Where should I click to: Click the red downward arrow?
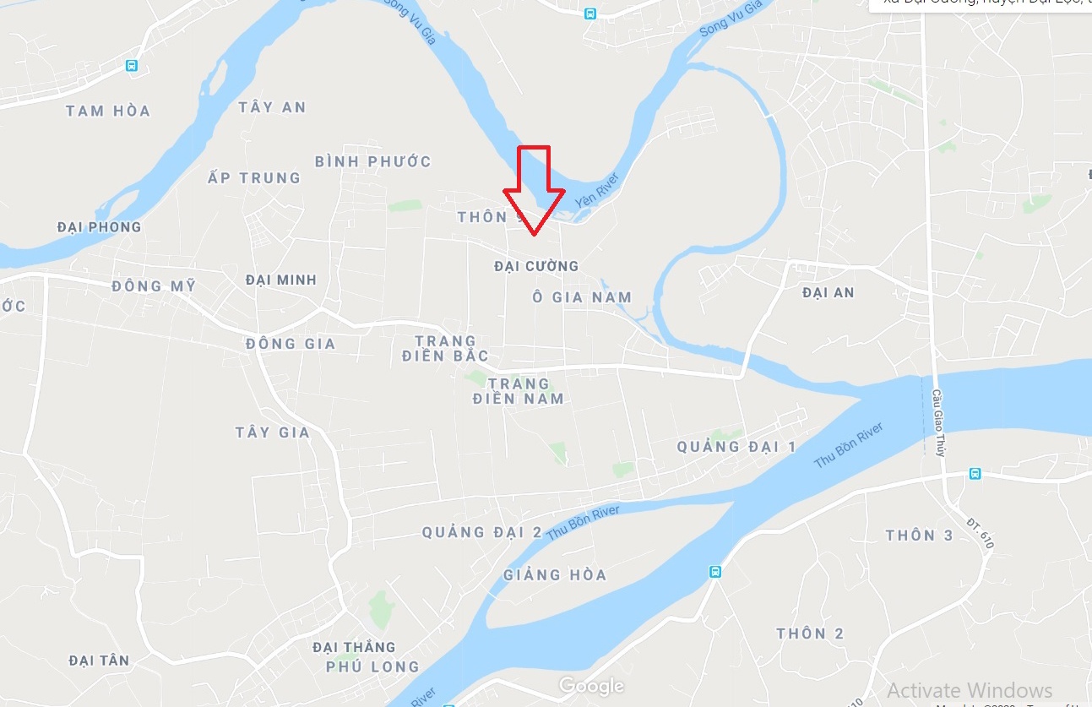pyautogui.click(x=534, y=190)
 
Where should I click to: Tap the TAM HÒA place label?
pyautogui.click(x=108, y=111)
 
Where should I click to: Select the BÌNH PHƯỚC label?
pyautogui.click(x=372, y=161)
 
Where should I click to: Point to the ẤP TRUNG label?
pyautogui.click(x=254, y=178)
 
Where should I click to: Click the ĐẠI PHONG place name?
pyautogui.click(x=99, y=227)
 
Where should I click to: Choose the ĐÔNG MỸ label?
pyautogui.click(x=153, y=286)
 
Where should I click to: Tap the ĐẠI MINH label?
pyautogui.click(x=281, y=280)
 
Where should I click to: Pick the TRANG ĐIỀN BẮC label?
pyautogui.click(x=445, y=348)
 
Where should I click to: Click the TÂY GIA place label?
pyautogui.click(x=273, y=432)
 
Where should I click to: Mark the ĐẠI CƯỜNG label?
pyautogui.click(x=536, y=266)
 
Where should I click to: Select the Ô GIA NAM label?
pyautogui.click(x=582, y=296)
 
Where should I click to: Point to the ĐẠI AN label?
pyautogui.click(x=829, y=292)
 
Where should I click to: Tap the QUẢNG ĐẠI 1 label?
pyautogui.click(x=736, y=446)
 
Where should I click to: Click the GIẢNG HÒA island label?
pyautogui.click(x=555, y=575)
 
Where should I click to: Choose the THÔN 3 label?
pyautogui.click(x=919, y=536)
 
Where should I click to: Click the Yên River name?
pyautogui.click(x=597, y=190)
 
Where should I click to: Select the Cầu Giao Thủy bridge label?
pyautogui.click(x=937, y=420)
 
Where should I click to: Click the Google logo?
pyautogui.click(x=591, y=686)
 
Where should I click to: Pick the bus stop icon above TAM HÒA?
pyautogui.click(x=132, y=65)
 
